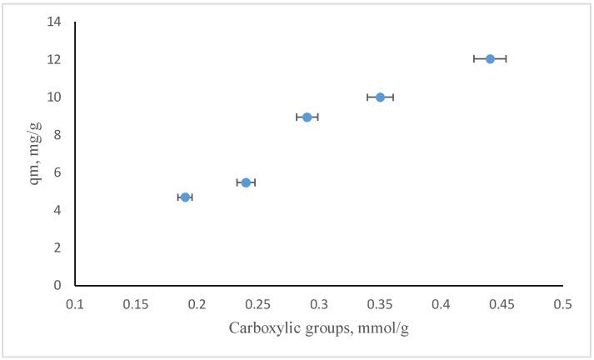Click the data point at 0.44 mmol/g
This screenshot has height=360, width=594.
coord(490,58)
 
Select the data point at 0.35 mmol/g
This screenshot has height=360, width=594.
coord(380,97)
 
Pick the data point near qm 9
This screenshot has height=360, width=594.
coord(307,117)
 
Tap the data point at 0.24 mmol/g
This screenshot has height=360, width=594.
coord(246,182)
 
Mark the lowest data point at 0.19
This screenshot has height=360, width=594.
coord(185,197)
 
